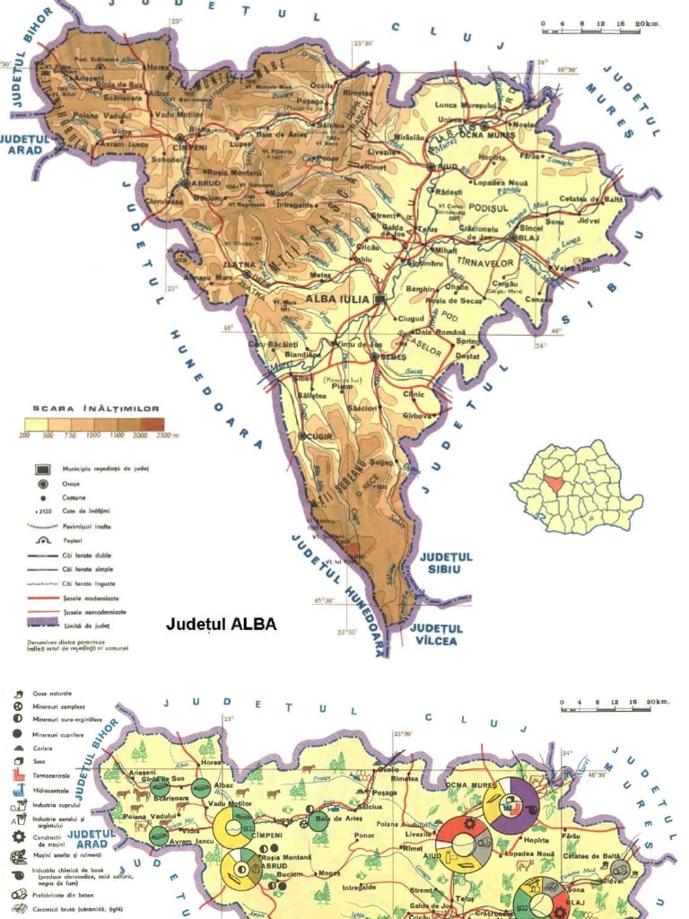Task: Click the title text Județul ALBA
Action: point(222,624)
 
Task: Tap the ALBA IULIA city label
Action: point(337,299)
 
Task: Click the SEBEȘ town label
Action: point(394,356)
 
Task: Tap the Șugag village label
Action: point(381,462)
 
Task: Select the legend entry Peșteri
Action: point(72,541)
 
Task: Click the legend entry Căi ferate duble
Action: point(87,556)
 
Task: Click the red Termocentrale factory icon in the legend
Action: point(19,775)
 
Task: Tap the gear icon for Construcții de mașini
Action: point(19,836)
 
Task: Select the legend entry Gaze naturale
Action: point(52,694)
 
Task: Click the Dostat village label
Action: point(467,355)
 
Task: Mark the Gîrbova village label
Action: point(417,416)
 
